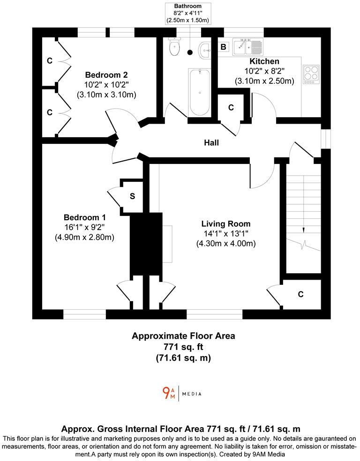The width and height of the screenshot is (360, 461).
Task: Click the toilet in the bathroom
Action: click(x=175, y=46)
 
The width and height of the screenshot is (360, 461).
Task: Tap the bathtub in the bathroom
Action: click(x=199, y=93)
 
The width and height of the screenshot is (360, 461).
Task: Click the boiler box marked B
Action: click(x=224, y=47)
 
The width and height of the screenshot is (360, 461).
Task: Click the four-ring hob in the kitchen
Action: click(x=311, y=74)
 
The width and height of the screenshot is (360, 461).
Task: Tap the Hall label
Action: click(x=211, y=143)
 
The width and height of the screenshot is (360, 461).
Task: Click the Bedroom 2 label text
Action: click(x=106, y=75)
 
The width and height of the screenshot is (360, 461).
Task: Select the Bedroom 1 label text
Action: click(x=84, y=217)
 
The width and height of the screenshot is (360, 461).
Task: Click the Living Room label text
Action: click(x=226, y=224)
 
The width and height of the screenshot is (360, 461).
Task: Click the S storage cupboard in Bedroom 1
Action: click(x=132, y=196)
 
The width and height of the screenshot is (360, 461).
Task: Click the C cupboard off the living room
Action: click(x=300, y=294)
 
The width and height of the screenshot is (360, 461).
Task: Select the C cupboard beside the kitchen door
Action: click(x=231, y=108)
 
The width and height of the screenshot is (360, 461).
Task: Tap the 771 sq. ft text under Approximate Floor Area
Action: click(x=183, y=347)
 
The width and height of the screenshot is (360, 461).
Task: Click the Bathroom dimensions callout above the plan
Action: click(x=187, y=13)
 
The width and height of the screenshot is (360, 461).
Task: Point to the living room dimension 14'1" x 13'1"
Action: click(x=226, y=234)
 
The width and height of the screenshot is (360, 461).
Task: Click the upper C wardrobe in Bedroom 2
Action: click(x=50, y=61)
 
